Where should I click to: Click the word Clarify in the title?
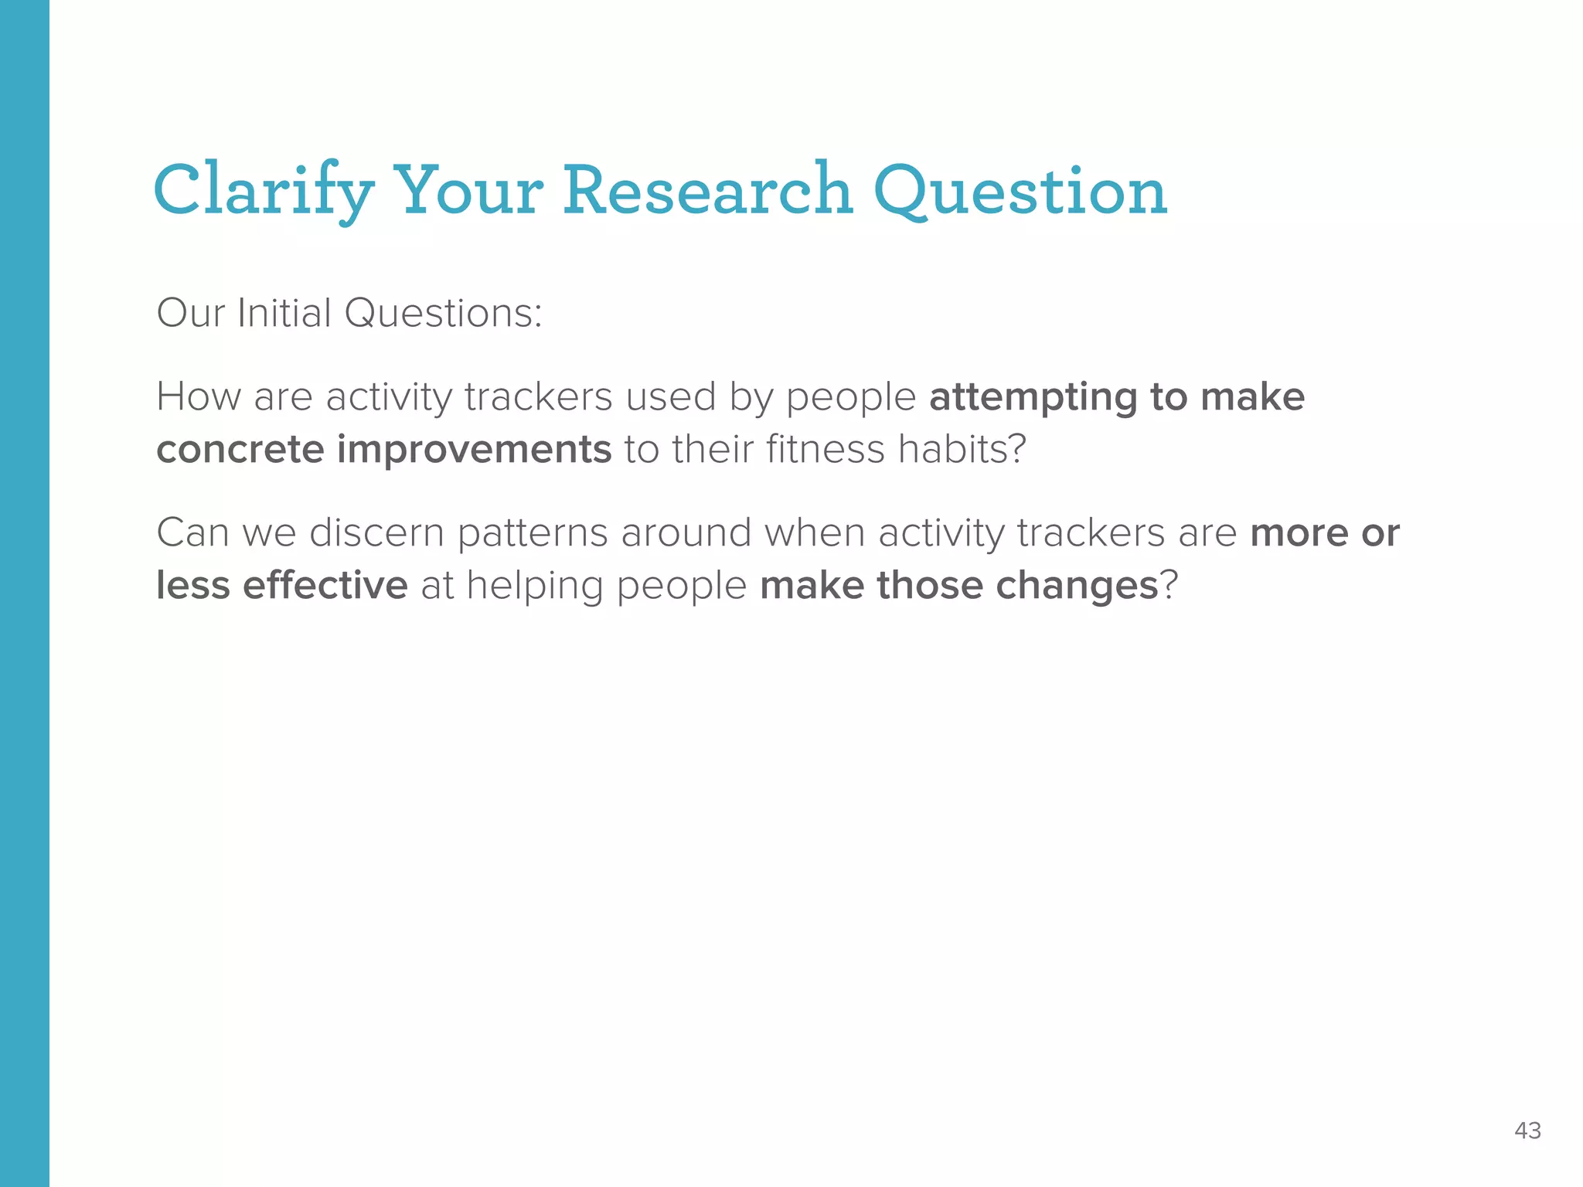tap(264, 191)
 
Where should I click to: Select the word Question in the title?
tap(1020, 191)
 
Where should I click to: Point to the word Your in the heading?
tap(469, 191)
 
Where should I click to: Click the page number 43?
tap(1527, 1131)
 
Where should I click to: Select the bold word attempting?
tap(1033, 398)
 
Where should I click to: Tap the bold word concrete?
tap(240, 450)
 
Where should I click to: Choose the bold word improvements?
tap(474, 450)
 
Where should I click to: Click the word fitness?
tap(825, 449)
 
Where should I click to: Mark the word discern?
tap(376, 532)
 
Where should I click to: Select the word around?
tap(686, 532)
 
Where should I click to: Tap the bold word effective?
tap(325, 585)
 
